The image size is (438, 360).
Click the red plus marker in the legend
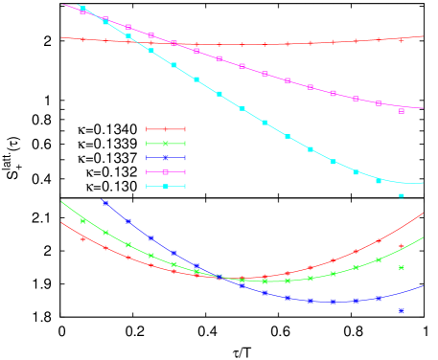(165, 129)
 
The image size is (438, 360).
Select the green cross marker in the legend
(165, 144)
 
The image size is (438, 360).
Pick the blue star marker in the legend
(165, 158)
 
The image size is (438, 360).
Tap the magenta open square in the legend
(165, 172)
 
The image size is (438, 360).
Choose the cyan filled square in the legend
(165, 187)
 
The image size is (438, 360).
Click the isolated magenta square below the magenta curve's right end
(401, 111)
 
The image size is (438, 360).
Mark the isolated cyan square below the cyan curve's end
(401, 195)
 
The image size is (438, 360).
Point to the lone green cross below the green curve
(401, 268)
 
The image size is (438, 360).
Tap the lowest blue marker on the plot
(401, 311)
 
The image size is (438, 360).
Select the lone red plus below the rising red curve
(401, 246)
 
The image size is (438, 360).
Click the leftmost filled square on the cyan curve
(83, 9)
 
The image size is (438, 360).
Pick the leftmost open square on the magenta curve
(83, 12)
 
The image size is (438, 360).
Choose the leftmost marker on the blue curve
(105, 203)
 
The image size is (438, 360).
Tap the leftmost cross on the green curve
(83, 221)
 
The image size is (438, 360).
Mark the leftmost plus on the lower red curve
(83, 239)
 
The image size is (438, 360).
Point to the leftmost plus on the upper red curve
(83, 39)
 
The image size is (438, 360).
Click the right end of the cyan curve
(423, 182)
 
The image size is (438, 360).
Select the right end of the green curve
(423, 238)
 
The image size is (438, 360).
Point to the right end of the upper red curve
(423, 36)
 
